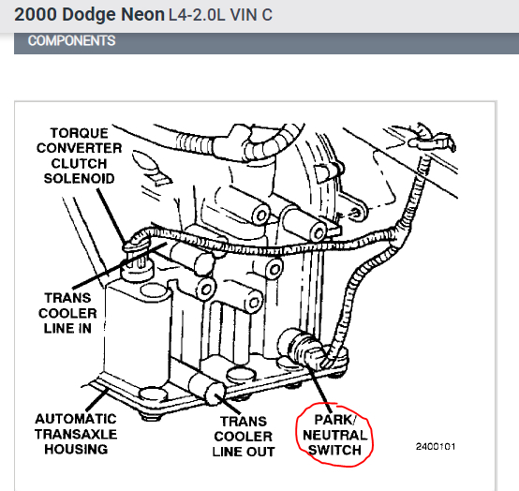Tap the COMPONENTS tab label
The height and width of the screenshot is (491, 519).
coord(71,41)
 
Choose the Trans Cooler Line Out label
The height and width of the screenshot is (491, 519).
coord(245,437)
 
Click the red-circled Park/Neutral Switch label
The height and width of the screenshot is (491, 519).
coord(334,437)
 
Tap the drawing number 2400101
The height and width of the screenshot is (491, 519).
coord(436,446)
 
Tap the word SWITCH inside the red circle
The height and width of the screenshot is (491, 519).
coord(334,452)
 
